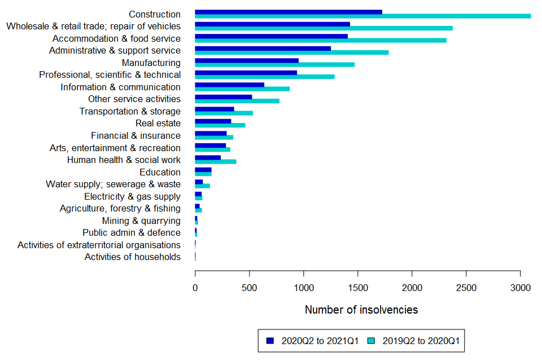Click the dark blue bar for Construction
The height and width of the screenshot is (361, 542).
(x=289, y=12)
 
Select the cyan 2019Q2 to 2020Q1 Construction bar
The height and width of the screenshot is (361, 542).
(x=362, y=16)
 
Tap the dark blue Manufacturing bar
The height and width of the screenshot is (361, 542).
(x=247, y=60)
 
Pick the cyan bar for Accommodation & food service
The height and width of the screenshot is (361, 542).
(x=321, y=41)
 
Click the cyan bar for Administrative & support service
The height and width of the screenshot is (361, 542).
(x=291, y=52)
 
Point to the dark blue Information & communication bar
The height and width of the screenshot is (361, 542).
(x=230, y=85)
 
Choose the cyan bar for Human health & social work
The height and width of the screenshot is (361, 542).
(x=216, y=162)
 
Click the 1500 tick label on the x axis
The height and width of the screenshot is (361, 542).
(x=358, y=288)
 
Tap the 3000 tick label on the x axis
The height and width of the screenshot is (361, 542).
(x=521, y=288)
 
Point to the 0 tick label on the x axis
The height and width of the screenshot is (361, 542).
(x=195, y=288)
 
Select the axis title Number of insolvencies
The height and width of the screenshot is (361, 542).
(x=361, y=310)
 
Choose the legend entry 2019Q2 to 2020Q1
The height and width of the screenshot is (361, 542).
(x=417, y=341)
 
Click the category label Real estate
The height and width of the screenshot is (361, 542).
(x=158, y=124)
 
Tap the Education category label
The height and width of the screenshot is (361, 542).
(x=160, y=172)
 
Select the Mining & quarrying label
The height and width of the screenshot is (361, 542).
(x=141, y=221)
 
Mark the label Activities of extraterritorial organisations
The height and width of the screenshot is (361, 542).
(x=99, y=245)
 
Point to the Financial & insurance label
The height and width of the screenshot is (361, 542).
(x=136, y=135)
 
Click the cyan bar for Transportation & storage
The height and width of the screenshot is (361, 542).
(x=224, y=113)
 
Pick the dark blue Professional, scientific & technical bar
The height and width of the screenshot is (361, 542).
(x=246, y=73)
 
